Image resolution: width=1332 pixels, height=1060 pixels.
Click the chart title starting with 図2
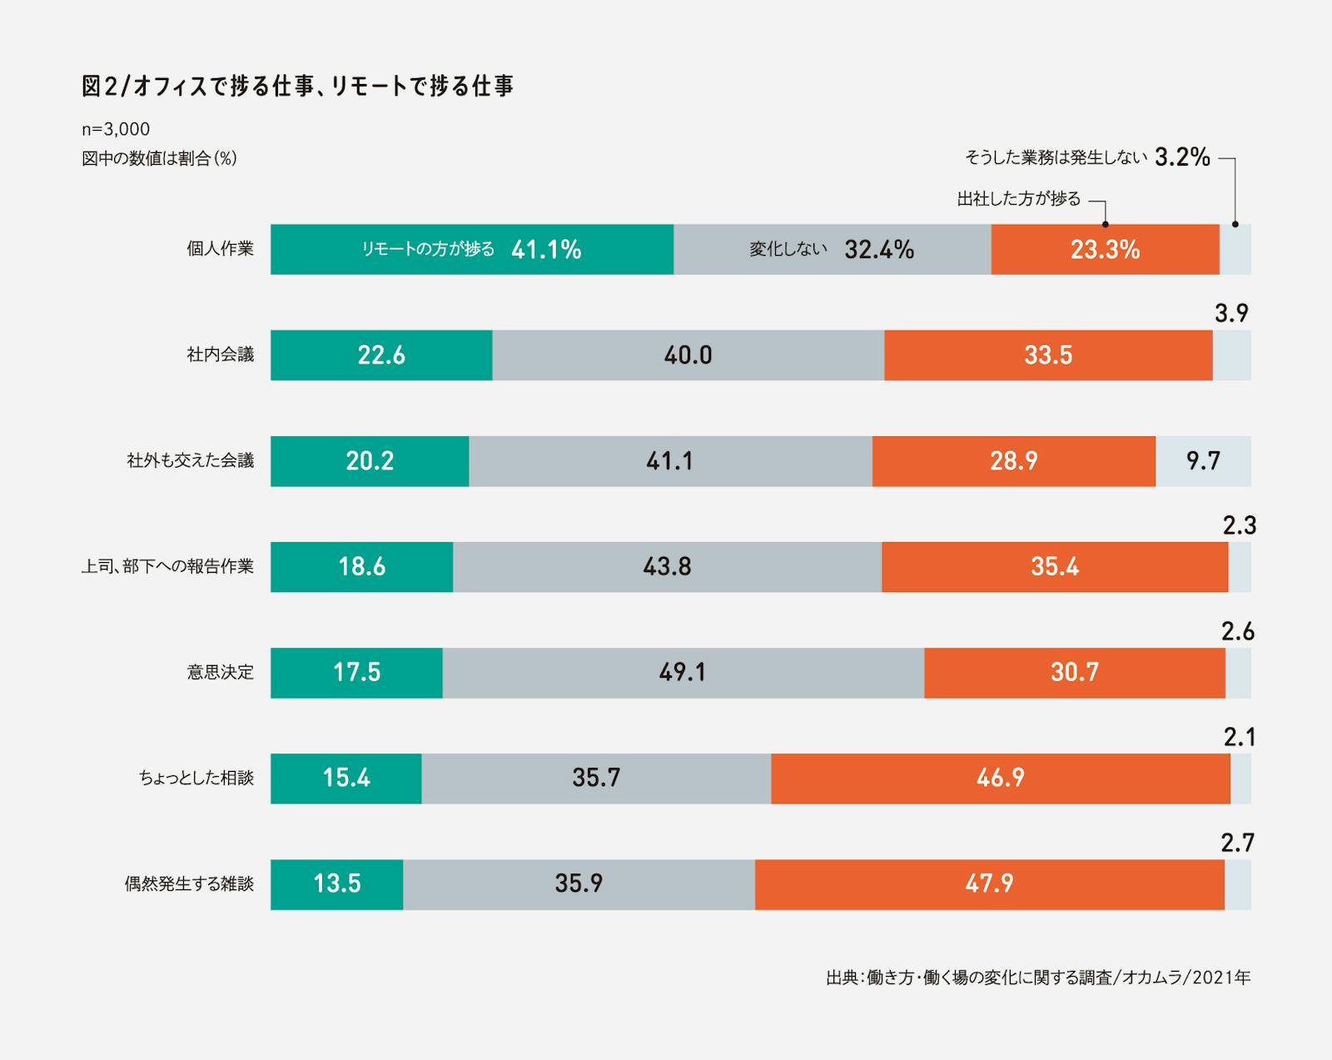tap(297, 86)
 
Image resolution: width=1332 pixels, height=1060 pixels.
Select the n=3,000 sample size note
tap(116, 129)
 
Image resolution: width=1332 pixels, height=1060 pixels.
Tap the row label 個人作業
tap(220, 249)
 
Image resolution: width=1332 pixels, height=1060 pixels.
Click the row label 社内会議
tap(220, 355)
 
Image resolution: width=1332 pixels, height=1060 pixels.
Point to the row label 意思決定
tap(220, 672)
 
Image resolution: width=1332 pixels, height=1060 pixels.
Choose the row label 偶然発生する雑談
tap(189, 883)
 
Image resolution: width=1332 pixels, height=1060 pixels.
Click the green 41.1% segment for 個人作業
tap(471, 249)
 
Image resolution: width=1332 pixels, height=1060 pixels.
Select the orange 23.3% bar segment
tap(1105, 249)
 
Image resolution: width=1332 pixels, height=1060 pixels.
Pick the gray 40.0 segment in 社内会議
tap(688, 355)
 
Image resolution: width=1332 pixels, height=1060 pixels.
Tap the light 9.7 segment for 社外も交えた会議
tap(1203, 460)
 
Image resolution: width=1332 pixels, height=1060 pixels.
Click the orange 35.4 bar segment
tap(1055, 566)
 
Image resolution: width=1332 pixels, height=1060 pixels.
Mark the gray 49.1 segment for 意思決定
tap(683, 672)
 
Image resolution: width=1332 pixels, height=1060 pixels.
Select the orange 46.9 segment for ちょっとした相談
tap(1000, 778)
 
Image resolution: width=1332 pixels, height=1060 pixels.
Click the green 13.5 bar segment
tap(336, 883)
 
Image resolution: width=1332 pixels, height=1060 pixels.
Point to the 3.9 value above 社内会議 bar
tap(1231, 313)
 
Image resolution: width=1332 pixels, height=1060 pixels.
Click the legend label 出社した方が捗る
tap(1018, 199)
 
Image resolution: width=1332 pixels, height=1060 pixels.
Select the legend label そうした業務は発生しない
tap(1056, 157)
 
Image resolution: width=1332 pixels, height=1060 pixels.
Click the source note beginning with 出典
tap(1037, 978)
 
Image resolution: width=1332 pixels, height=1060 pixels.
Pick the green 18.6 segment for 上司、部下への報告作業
tap(361, 566)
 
